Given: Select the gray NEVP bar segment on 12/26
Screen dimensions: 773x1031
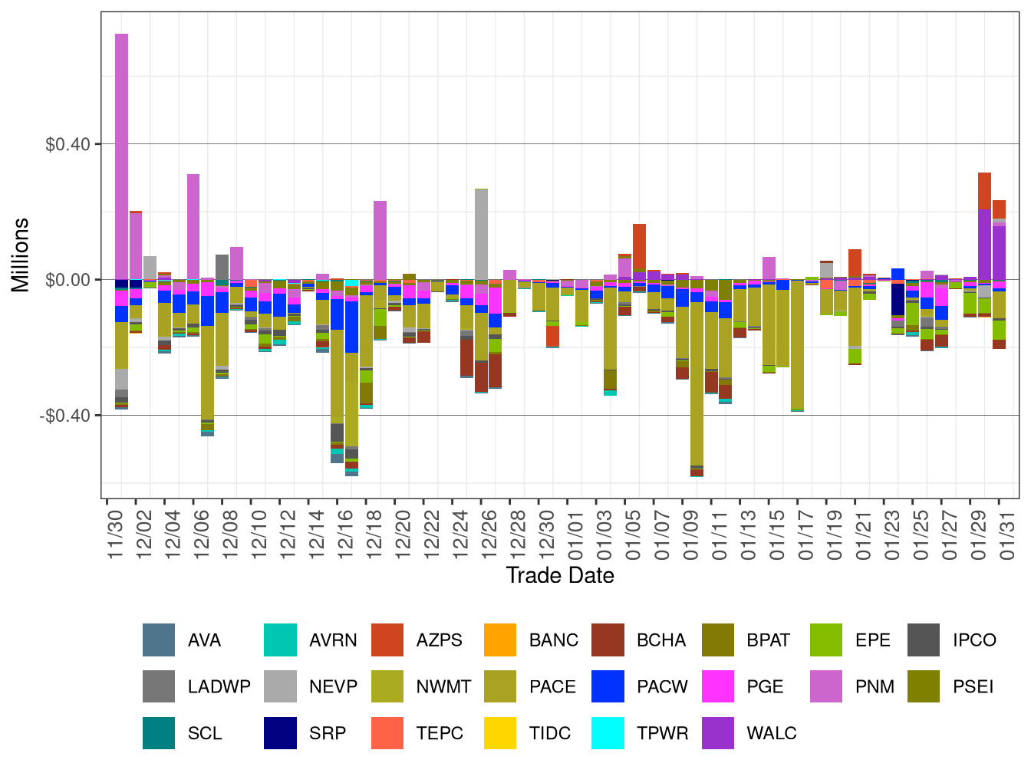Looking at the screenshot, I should (x=481, y=234).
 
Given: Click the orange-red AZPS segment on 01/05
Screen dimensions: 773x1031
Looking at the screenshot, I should (x=639, y=245).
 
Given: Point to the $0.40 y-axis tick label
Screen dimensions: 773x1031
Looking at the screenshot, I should (x=68, y=144).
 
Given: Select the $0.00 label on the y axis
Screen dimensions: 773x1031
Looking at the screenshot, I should (x=68, y=280).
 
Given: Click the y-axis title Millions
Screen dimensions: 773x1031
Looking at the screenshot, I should (x=21, y=255).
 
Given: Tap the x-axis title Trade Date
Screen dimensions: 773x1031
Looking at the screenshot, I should (x=560, y=576).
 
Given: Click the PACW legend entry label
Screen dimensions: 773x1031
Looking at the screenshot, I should (x=662, y=687).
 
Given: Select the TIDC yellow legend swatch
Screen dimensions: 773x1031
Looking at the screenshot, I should (x=500, y=733).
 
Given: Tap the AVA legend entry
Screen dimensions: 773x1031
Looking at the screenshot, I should (x=204, y=640).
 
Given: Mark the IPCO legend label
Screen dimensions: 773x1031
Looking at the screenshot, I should (x=974, y=640).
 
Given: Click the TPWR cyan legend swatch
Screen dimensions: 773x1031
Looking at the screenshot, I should (x=608, y=733).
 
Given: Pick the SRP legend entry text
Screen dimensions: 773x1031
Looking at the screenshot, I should (x=328, y=733).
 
